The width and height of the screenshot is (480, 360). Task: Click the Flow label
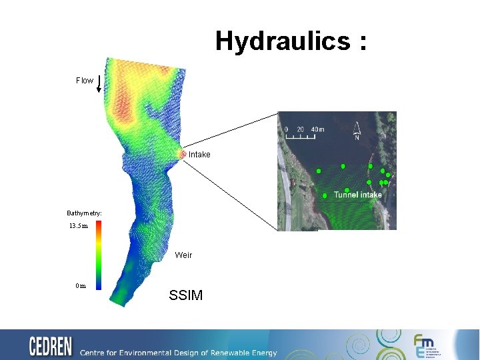85,81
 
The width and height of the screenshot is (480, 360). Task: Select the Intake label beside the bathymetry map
199,155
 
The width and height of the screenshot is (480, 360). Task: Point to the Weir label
183,255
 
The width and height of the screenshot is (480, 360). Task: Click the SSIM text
186,295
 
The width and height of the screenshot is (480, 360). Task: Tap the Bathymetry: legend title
84,213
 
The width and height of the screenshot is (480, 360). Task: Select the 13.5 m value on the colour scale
79,226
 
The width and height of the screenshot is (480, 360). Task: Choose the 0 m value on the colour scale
80,286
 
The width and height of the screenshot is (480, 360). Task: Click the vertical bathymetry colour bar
98,255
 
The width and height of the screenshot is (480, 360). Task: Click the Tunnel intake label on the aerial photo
358,195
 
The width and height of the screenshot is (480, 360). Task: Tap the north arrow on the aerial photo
358,131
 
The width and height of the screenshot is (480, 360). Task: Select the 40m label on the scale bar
317,129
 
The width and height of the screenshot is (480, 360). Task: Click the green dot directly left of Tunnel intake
325,196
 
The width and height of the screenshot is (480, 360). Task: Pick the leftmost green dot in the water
319,171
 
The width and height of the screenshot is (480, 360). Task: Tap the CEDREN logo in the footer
51,346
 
